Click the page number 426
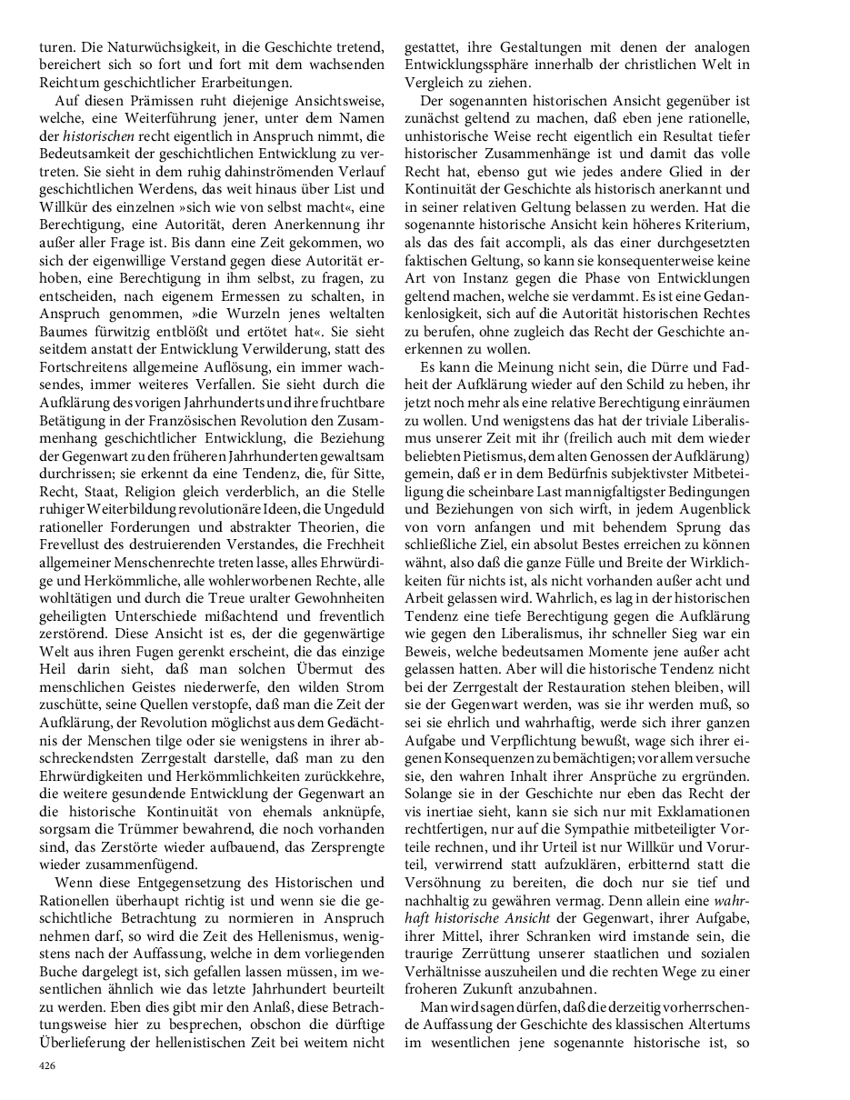pyautogui.click(x=47, y=1065)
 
